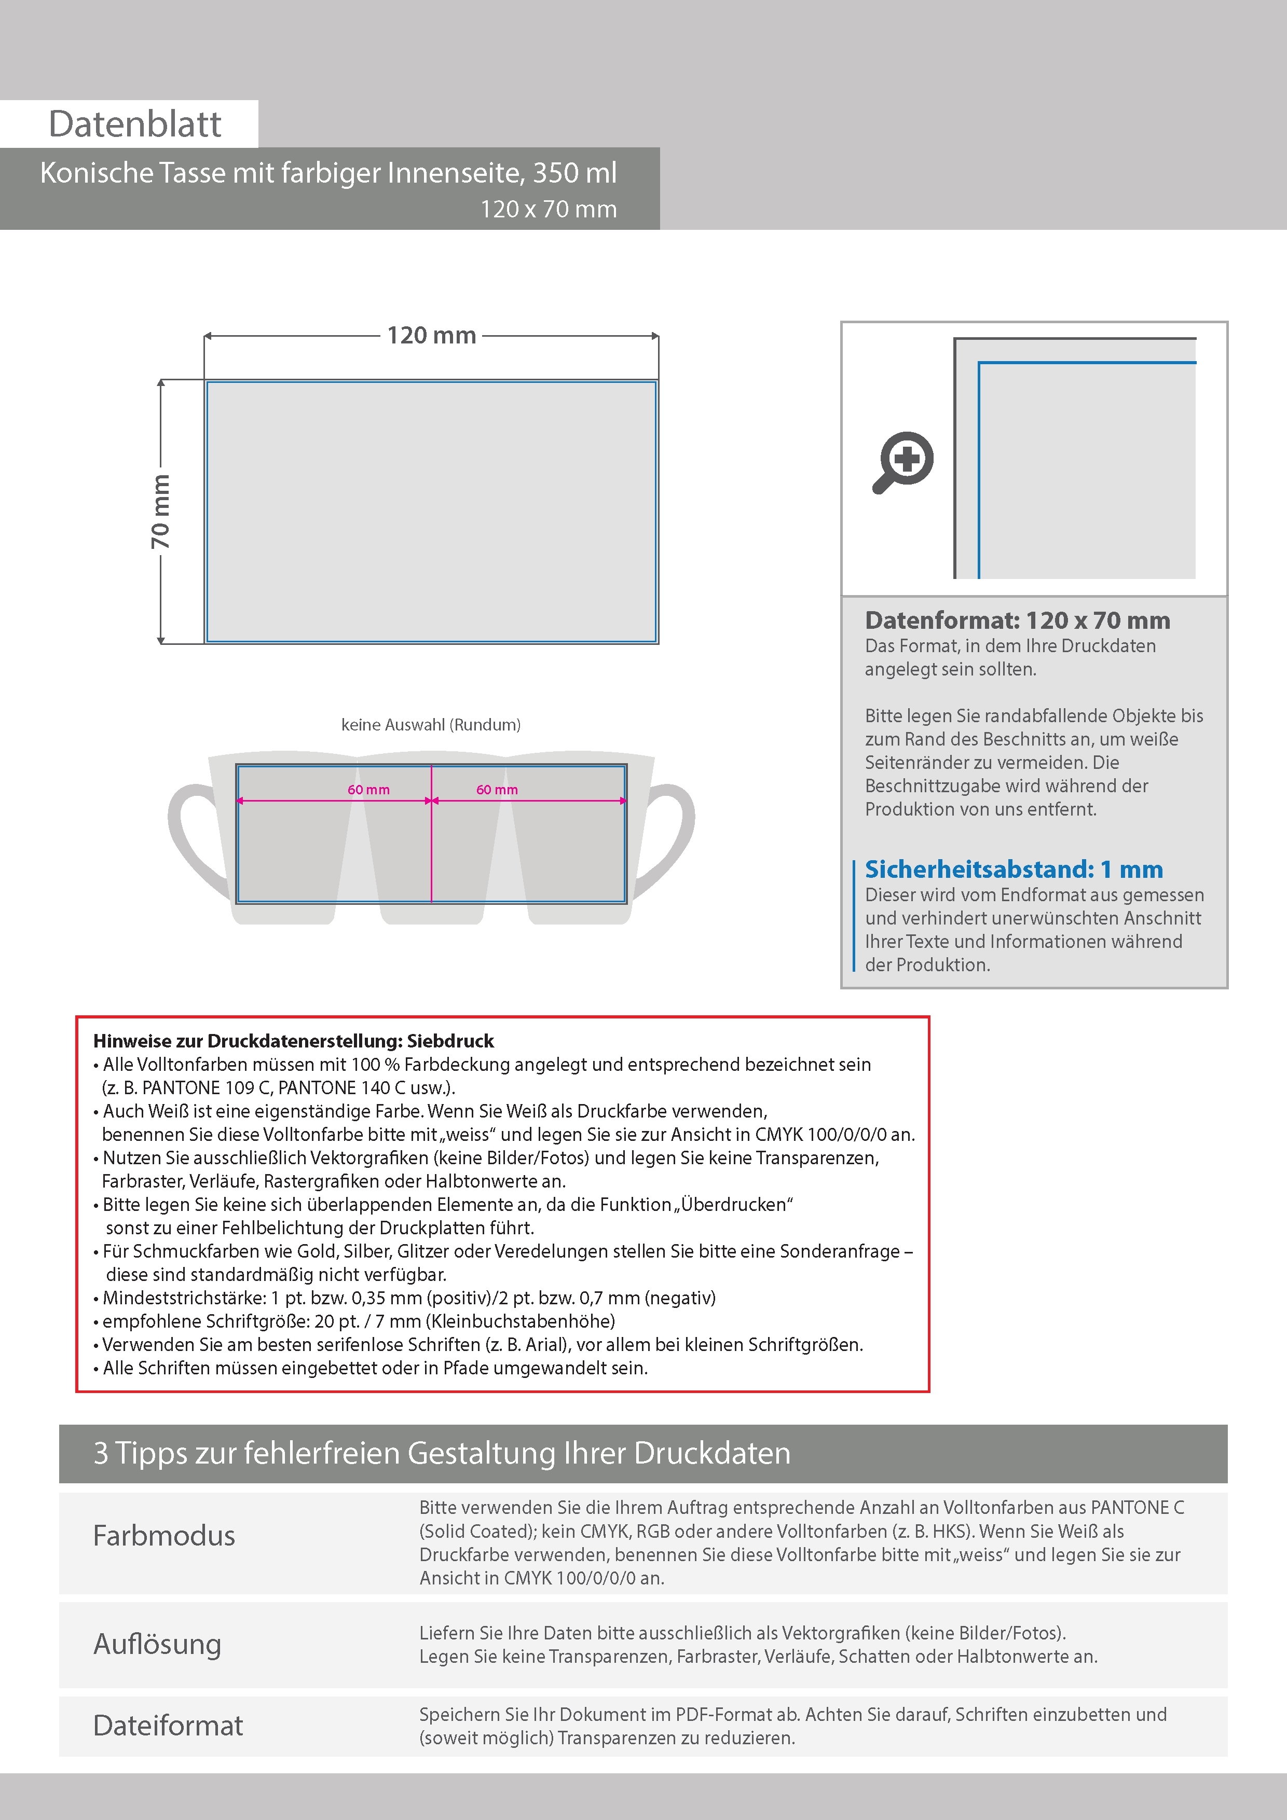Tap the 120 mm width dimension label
pos(431,335)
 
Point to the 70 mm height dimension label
pos(160,511)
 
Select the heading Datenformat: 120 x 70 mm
pos(1017,620)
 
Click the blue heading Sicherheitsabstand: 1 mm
pos(1014,869)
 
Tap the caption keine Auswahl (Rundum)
pos(431,724)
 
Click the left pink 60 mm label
pos(369,790)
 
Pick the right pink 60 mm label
pos(497,790)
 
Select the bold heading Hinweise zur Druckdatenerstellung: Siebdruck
pos(293,1041)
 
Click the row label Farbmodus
pos(164,1535)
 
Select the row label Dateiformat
pos(168,1726)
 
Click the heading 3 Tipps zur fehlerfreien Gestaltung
pos(442,1453)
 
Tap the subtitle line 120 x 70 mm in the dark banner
pos(548,209)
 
